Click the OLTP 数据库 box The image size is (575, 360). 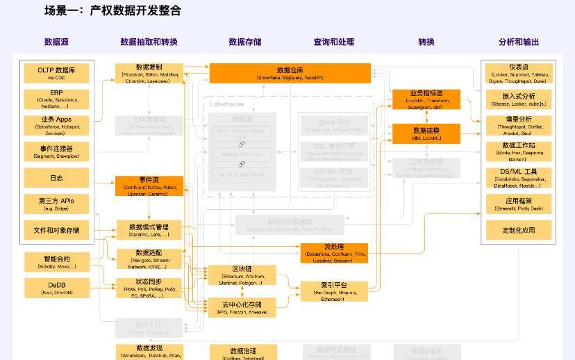pos(56,73)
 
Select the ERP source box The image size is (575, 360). pos(56,99)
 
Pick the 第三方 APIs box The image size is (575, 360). pos(56,204)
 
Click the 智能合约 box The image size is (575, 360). pos(56,262)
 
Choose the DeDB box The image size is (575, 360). pos(56,288)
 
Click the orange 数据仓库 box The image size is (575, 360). pos(290,73)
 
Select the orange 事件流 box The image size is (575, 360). pos(149,186)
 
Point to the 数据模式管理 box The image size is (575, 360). pos(149,230)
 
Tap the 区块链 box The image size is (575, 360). pos(242,275)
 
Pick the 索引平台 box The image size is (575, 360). pos(333,291)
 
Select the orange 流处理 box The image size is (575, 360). pos(333,253)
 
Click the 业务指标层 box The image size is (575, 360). pos(426,99)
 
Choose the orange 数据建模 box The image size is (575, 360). pos(426,133)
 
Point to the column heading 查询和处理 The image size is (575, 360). pos(334,42)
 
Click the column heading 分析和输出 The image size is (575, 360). pos(519,42)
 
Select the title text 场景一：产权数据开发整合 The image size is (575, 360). pos(112,10)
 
